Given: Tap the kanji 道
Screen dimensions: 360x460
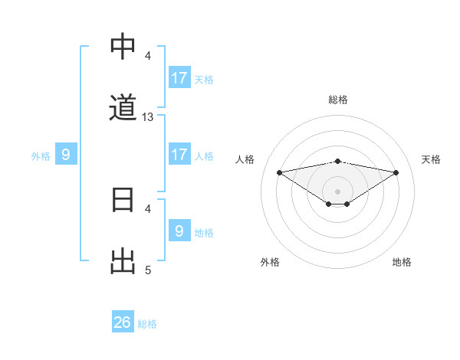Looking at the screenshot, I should coord(123,108).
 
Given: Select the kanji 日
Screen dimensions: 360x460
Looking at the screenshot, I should coord(123,200).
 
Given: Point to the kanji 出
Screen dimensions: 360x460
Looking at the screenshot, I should coord(123,261).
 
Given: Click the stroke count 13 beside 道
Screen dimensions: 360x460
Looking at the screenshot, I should coord(148,117).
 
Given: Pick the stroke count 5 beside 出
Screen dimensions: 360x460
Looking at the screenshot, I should coord(148,270).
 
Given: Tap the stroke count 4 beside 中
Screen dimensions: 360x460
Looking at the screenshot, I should coord(148,56).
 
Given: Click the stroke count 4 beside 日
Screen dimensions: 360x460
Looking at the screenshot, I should coord(148,208).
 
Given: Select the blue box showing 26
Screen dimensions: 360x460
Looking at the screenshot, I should coord(123,322).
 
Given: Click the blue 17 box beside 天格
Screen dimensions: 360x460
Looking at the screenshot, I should coord(179,78).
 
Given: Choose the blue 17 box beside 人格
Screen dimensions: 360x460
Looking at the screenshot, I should coord(179,155).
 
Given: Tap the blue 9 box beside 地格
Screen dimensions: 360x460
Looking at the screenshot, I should coord(179,231).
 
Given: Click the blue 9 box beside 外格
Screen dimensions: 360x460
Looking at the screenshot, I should coord(66,155).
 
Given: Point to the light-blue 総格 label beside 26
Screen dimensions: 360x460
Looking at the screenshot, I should coord(147,324).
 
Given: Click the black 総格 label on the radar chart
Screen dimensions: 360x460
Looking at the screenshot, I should coord(338,100).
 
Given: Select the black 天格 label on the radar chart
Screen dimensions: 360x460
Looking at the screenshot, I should coord(432,159).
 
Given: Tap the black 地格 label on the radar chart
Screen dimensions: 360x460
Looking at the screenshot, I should coord(402,262).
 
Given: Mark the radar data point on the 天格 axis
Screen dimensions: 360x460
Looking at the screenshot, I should coord(396,172).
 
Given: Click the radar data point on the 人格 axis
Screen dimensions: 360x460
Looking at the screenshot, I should coord(280,172).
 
